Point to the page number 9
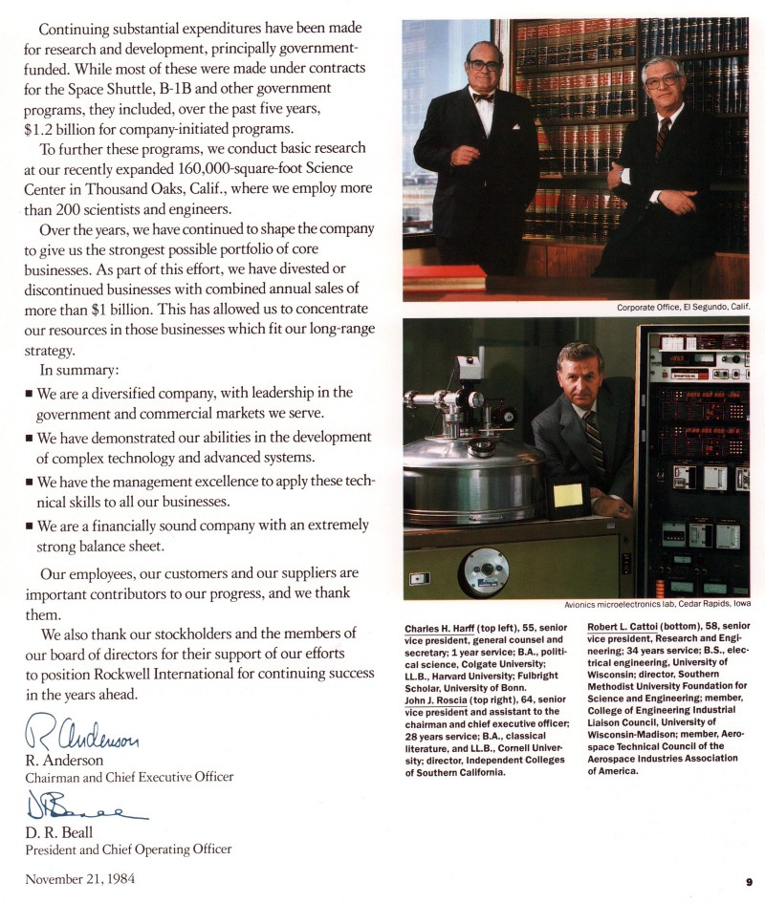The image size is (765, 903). [x=749, y=882]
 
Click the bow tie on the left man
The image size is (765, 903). [x=483, y=97]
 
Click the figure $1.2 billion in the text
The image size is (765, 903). [x=64, y=130]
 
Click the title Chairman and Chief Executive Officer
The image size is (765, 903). [x=129, y=777]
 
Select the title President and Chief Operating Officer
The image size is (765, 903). [x=128, y=849]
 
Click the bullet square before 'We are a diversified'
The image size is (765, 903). [x=30, y=394]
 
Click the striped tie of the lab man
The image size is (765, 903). [x=594, y=445]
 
